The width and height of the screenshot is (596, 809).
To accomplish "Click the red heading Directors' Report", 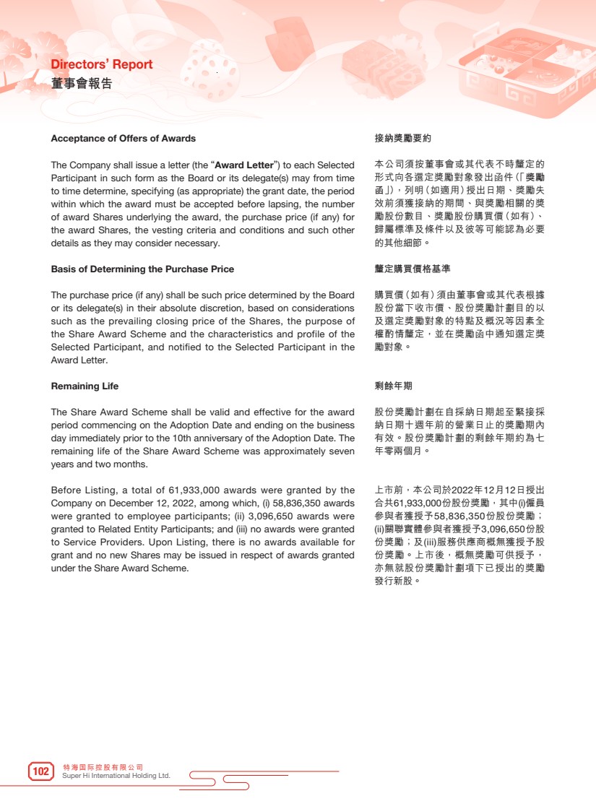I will pos(102,64).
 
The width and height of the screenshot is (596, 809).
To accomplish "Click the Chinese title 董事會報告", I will pos(82,84).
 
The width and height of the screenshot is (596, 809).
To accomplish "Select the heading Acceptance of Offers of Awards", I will pos(123,138).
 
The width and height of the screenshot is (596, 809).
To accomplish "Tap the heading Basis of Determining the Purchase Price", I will pos(142,269).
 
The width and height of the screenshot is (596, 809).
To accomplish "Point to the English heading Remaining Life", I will pos(85,386).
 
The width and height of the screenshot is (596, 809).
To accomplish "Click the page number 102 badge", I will pos(41,771).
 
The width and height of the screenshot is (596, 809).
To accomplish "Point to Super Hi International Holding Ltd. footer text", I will pos(116,776).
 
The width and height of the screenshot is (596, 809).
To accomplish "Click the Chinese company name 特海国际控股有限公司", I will pos(103,767).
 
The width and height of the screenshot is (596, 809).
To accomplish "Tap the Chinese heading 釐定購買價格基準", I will pos(413,269).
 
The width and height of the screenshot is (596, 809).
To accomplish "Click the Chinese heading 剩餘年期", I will pos(394,386).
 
